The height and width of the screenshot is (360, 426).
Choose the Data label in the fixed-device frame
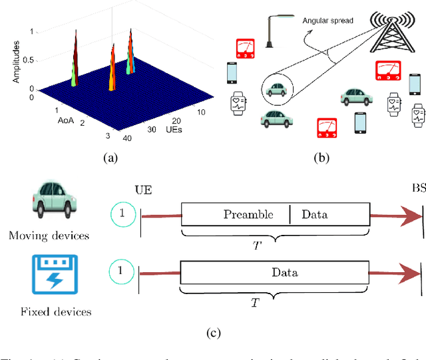click(x=284, y=272)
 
